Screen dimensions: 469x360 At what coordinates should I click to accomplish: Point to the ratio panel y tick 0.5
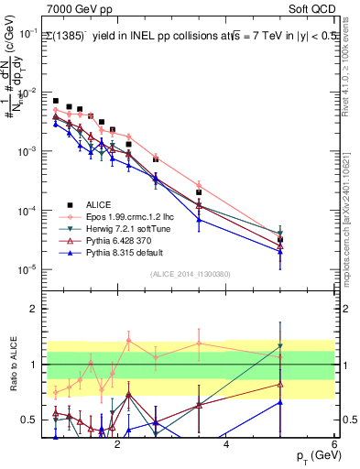(29, 420)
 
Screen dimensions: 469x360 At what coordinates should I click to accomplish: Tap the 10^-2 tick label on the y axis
(27, 93)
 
